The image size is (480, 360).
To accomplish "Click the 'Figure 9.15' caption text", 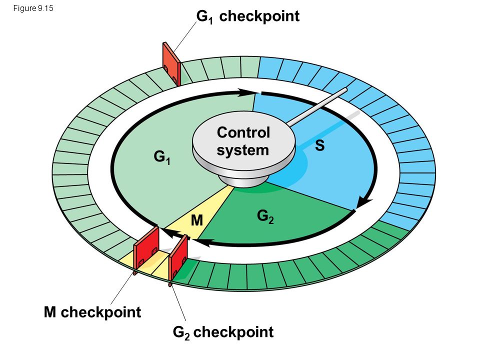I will click(31, 8).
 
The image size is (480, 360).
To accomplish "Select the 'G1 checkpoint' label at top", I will click(248, 17).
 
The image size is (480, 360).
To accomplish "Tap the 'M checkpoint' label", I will click(92, 312).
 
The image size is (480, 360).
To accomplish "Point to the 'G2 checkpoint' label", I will click(223, 332).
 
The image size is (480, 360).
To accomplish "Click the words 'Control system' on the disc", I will click(243, 141).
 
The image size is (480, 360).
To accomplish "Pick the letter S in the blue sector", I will click(320, 145).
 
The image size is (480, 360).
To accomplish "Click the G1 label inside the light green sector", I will click(162, 158).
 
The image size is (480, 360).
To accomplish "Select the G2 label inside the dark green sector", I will click(265, 216).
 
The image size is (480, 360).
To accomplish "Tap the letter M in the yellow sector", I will click(197, 220).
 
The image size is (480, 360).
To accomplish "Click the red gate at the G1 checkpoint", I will click(170, 64).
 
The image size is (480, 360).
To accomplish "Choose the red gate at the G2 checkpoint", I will click(178, 258).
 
